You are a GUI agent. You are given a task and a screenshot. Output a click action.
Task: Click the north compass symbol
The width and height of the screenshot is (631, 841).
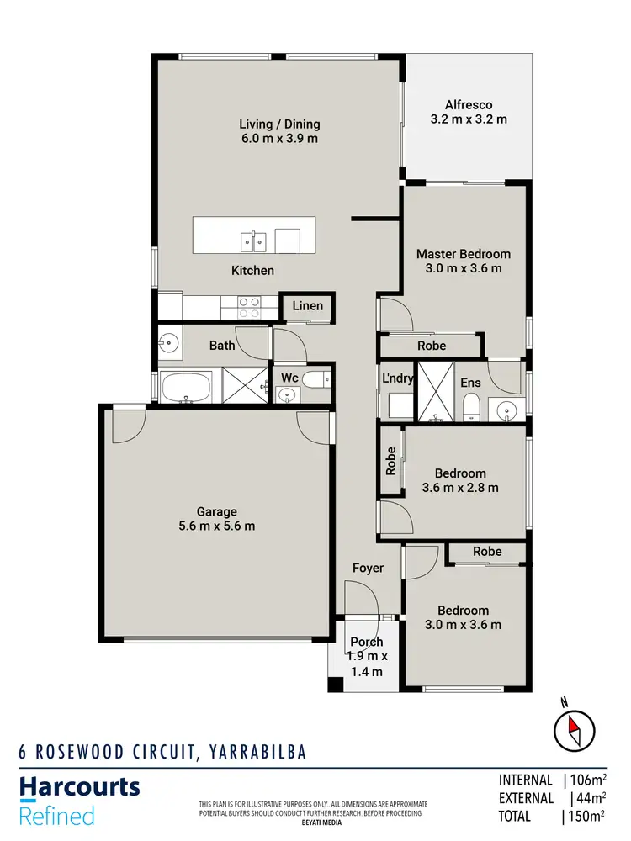click(575, 727)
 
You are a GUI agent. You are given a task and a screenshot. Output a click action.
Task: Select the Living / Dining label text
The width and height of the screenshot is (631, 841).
click(279, 124)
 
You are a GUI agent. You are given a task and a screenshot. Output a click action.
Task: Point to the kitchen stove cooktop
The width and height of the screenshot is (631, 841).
click(248, 307)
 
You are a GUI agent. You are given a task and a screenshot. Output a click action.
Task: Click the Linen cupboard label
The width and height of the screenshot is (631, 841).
click(307, 305)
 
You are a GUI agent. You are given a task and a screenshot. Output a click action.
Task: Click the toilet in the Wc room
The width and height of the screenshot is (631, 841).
click(316, 381)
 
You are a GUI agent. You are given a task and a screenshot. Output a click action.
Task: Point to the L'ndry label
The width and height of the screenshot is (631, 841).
click(397, 378)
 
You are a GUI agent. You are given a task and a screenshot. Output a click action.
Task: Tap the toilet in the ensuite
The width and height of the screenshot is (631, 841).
click(471, 407)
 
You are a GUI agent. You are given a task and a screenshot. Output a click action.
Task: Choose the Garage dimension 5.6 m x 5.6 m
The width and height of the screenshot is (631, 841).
click(217, 526)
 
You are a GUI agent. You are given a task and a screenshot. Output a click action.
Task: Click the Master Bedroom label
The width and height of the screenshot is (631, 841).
click(464, 254)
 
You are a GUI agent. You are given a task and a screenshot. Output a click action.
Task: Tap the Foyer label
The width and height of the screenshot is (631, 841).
click(368, 569)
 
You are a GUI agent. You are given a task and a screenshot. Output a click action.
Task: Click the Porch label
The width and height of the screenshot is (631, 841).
click(367, 642)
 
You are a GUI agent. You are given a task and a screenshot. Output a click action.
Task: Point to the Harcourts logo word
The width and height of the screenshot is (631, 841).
click(79, 787)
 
